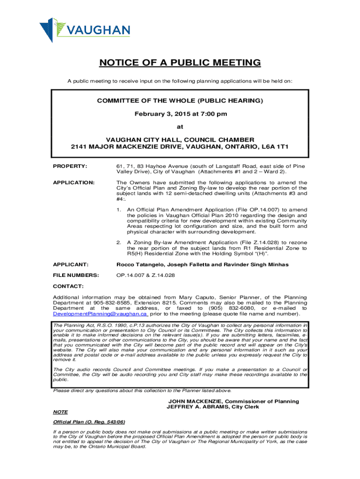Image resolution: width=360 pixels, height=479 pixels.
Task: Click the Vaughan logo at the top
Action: point(85,29)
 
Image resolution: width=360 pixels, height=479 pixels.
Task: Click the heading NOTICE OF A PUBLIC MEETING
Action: point(180,63)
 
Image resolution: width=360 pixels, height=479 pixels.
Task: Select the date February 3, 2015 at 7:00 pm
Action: point(180,114)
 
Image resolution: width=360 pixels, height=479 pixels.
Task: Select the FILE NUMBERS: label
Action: point(76,275)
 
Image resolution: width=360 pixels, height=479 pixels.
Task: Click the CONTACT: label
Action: point(68,286)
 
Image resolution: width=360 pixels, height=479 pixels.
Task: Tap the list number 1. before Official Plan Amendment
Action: point(119,210)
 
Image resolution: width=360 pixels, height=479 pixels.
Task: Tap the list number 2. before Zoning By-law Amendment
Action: point(119,242)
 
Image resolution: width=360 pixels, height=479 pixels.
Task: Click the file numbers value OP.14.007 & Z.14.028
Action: point(145,275)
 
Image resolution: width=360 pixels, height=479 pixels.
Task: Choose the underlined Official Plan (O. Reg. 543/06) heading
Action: point(89,422)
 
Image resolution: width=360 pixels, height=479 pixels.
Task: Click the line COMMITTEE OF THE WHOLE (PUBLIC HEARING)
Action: point(180,101)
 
